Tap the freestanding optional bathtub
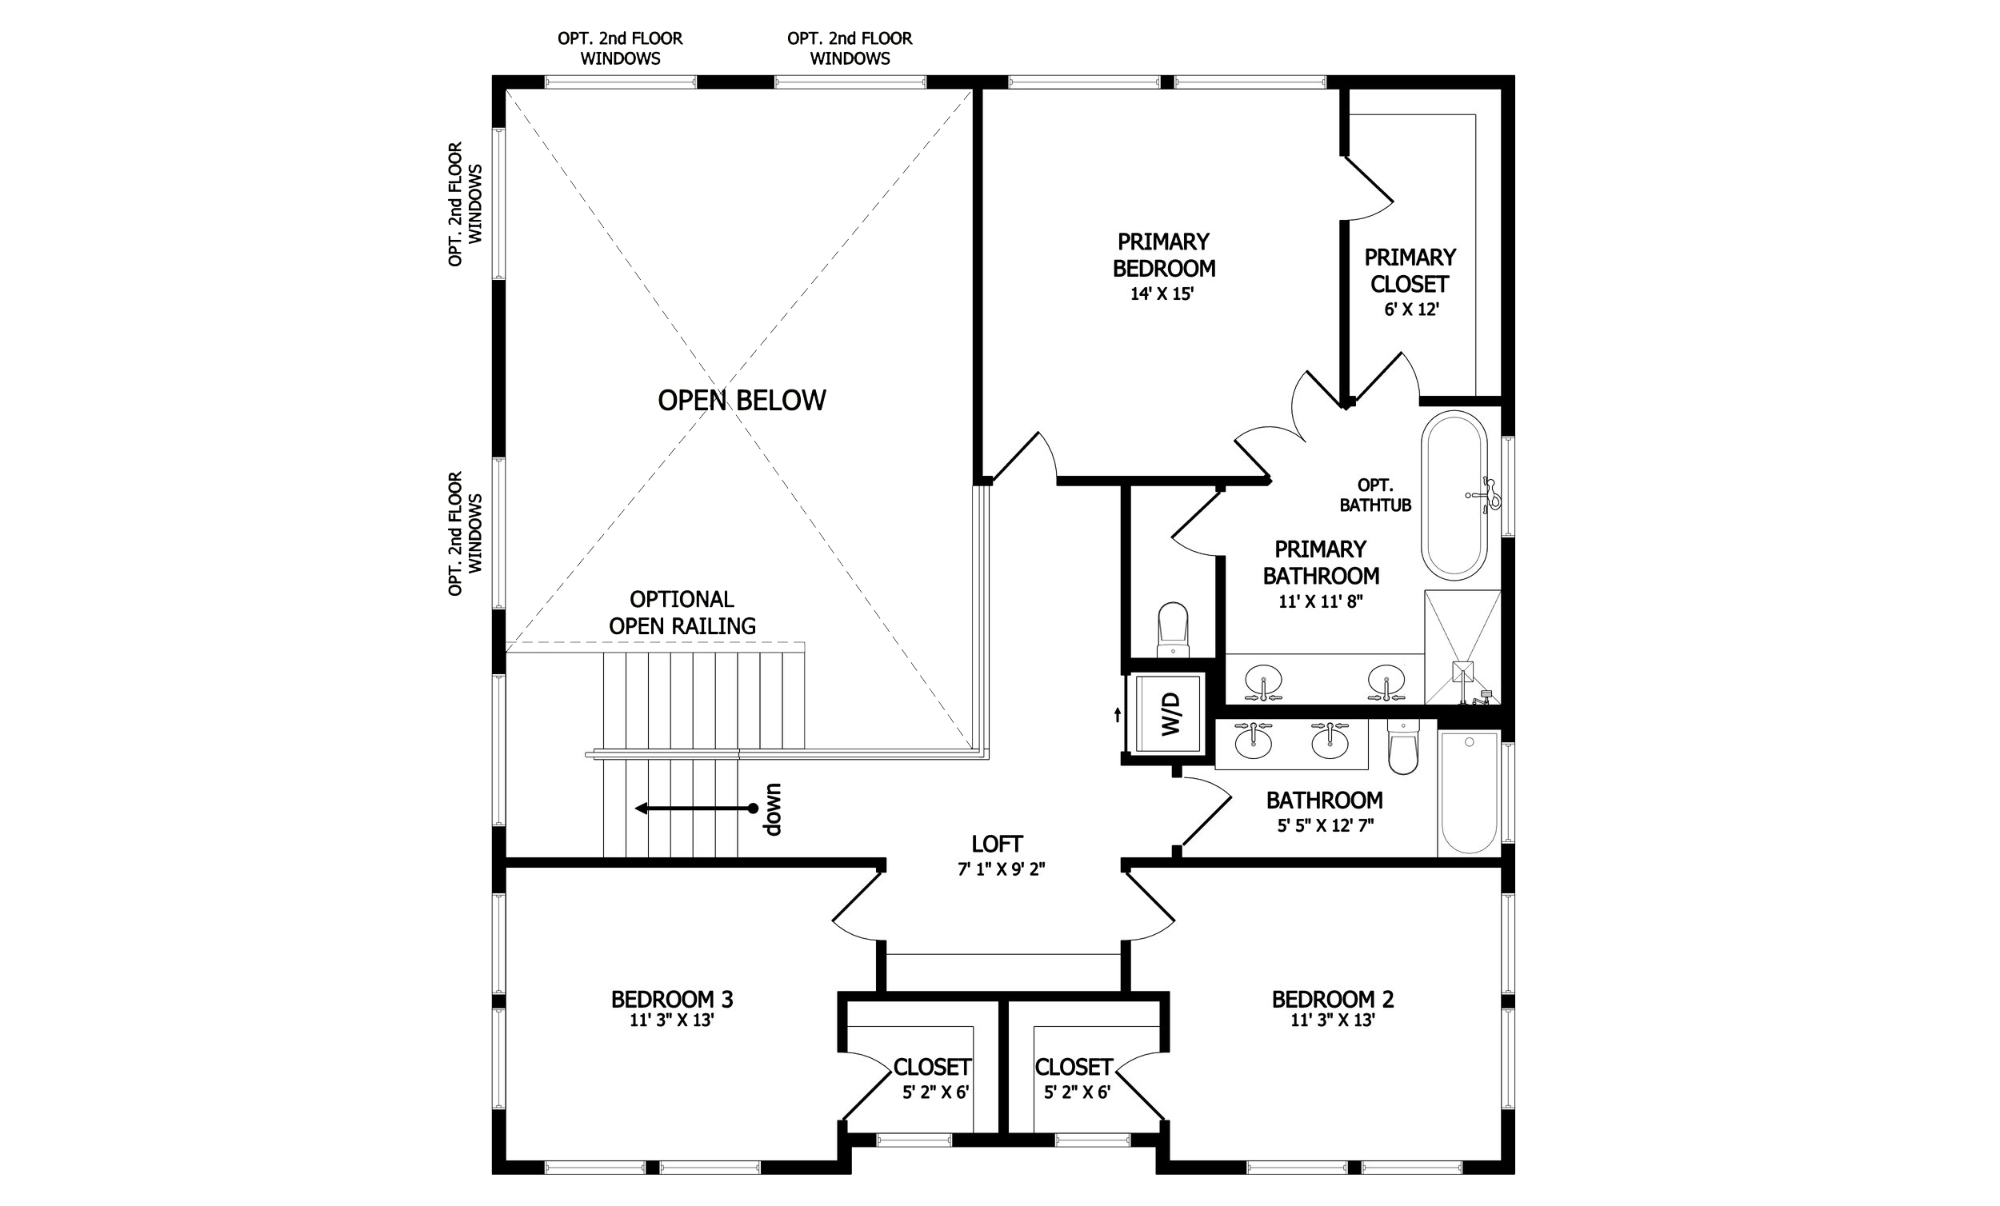click(x=1454, y=495)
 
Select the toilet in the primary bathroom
click(x=1173, y=629)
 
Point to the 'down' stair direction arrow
click(x=696, y=809)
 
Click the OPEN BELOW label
click(x=742, y=400)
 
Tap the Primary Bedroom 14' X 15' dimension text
click(x=1162, y=294)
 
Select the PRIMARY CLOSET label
click(x=1410, y=271)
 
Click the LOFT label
click(x=998, y=844)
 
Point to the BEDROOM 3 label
click(x=672, y=999)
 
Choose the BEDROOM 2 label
click(x=1333, y=999)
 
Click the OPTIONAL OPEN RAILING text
click(x=682, y=613)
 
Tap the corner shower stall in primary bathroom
click(x=1462, y=648)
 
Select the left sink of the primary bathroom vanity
click(x=1264, y=682)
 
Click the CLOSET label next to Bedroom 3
click(x=932, y=1066)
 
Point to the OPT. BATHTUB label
click(x=1375, y=495)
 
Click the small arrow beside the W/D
click(x=1118, y=714)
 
